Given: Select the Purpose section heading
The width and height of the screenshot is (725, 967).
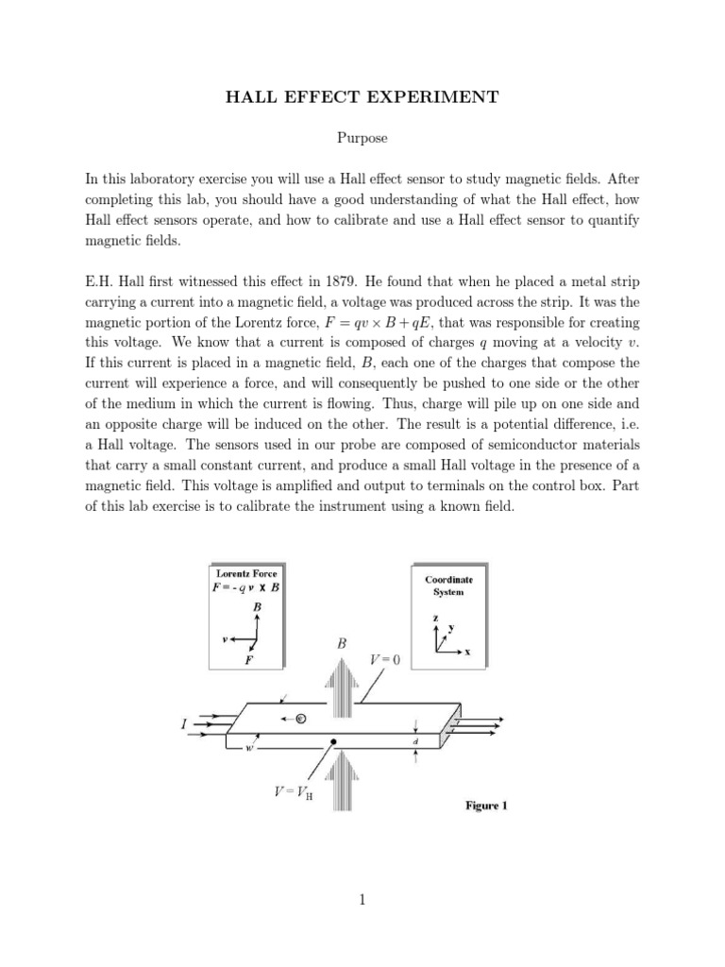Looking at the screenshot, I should (x=362, y=138).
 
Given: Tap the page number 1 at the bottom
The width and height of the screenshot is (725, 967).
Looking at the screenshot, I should (x=362, y=900).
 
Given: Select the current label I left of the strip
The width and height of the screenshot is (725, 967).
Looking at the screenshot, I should (x=183, y=724).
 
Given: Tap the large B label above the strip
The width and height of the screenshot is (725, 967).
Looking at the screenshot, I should (x=342, y=644).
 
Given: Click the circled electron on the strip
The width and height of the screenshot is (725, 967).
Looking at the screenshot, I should (x=300, y=720).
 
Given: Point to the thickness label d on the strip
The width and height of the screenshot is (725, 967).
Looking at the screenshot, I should (x=416, y=742).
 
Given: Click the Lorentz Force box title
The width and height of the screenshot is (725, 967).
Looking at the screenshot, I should (x=246, y=573).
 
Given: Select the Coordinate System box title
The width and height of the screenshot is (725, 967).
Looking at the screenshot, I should (x=448, y=585).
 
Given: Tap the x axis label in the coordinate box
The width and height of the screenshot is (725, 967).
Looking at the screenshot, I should (x=466, y=652).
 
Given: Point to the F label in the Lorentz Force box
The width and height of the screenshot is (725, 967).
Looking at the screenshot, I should (x=248, y=661).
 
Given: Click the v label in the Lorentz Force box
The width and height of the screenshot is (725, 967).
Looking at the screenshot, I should (x=225, y=639).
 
